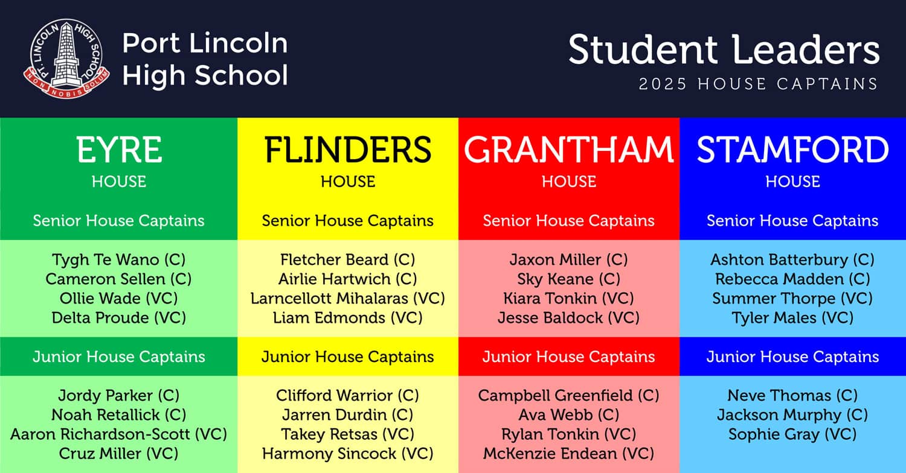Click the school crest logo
[66, 58]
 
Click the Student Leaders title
[724, 49]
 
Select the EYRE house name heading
[119, 150]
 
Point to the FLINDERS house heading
[348, 150]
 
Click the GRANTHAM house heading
[569, 150]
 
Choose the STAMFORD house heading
[792, 150]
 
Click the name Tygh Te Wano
[106, 259]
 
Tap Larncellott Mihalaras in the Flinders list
[329, 299]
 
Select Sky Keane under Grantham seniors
[555, 279]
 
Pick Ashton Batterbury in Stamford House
[779, 259]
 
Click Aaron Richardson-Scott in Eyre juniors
[100, 434]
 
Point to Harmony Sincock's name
[329, 454]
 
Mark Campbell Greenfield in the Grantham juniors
[555, 395]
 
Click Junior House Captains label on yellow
[348, 357]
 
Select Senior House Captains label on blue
[792, 221]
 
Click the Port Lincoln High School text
[205, 59]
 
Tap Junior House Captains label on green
[119, 357]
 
